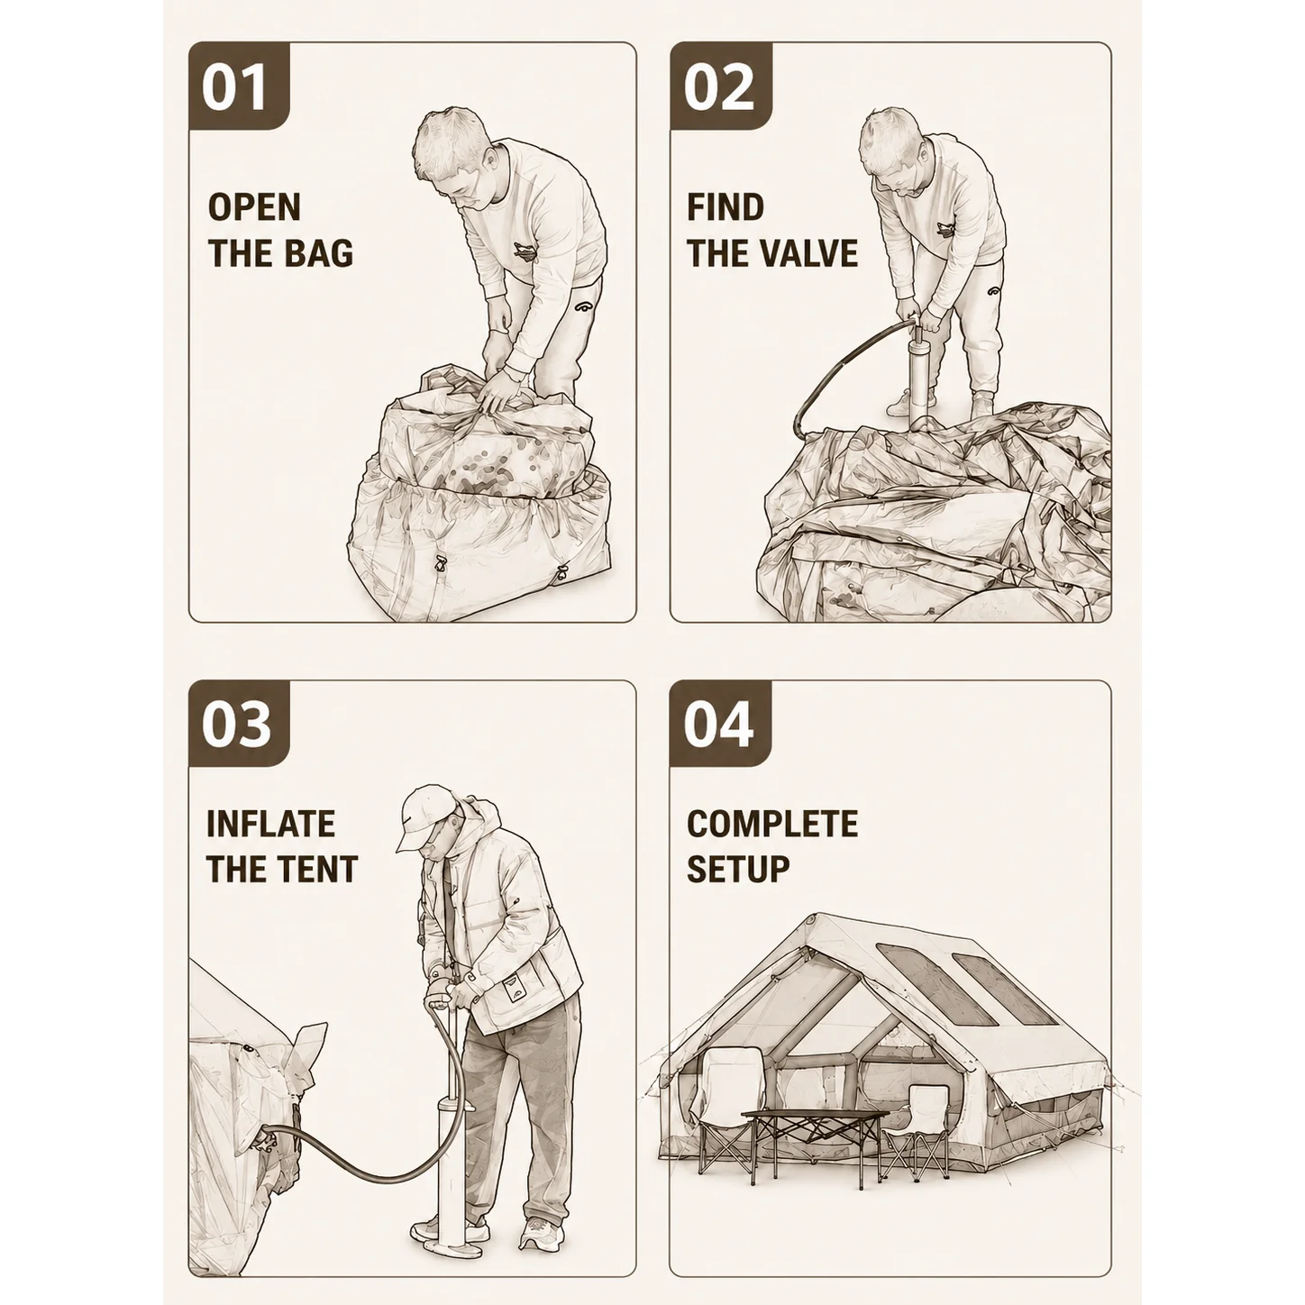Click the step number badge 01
click(x=239, y=86)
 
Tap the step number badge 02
click(x=721, y=86)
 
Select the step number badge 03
click(x=239, y=724)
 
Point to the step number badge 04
click(x=721, y=724)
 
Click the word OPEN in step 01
click(x=254, y=207)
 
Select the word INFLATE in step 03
click(x=270, y=824)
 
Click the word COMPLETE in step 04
click(x=772, y=824)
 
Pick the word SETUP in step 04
click(x=738, y=869)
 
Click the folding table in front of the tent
click(x=816, y=1147)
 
